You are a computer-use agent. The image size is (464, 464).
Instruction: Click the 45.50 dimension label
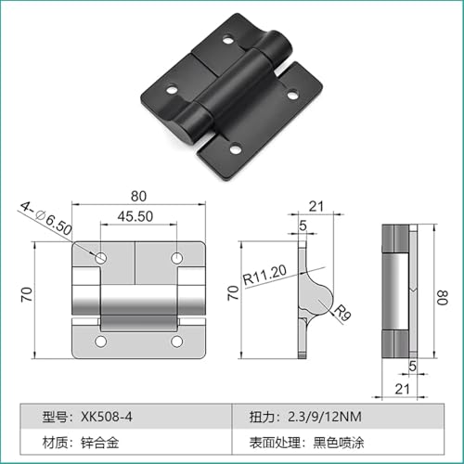135,216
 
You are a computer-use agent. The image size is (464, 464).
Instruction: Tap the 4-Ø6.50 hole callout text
46,218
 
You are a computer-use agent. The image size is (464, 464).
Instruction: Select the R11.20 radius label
264,275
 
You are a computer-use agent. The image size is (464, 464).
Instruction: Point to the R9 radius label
342,313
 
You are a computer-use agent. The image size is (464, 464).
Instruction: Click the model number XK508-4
107,417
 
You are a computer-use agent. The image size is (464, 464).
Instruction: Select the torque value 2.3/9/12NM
325,417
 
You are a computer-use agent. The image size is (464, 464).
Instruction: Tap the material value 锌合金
100,443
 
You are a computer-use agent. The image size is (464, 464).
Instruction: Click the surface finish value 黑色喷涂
339,443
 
